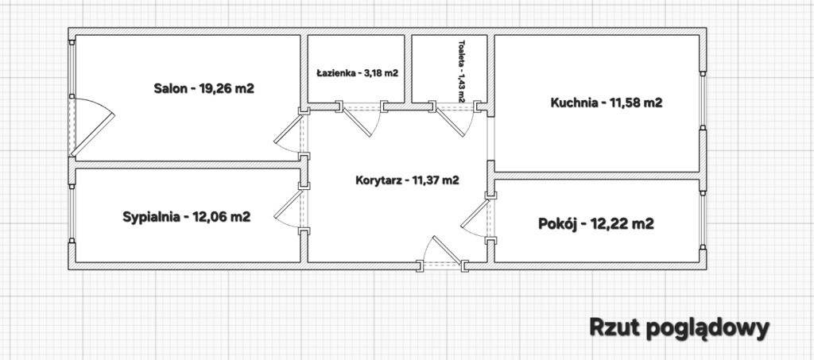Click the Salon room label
coord(204,88)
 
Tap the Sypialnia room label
coord(187,217)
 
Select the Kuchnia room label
coord(607,103)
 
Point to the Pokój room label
coord(596,224)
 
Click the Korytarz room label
coord(408,180)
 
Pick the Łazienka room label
coord(357,73)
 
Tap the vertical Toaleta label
coord(462,71)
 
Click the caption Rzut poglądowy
coord(680,328)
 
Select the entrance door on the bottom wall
coord(442,254)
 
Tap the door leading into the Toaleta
coord(455,120)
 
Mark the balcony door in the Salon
coord(90,127)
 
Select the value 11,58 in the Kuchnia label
coord(623,103)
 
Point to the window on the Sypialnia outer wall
coord(72,213)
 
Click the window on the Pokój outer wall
coord(703,219)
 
